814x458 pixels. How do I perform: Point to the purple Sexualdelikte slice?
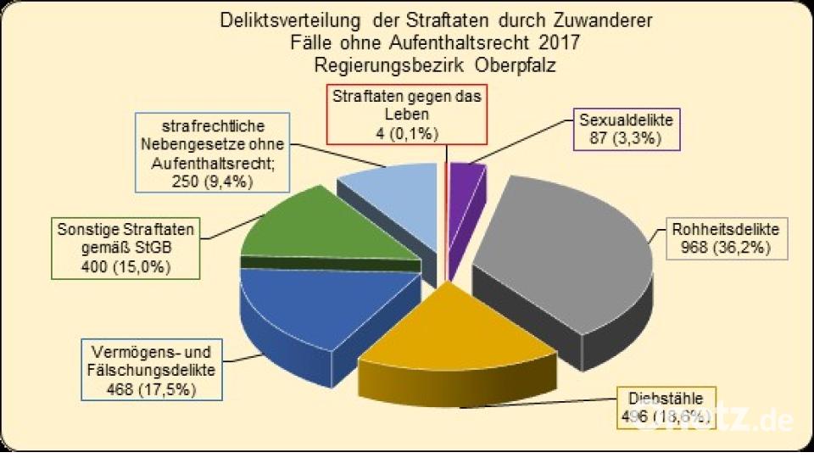pyautogui.click(x=465, y=178)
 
